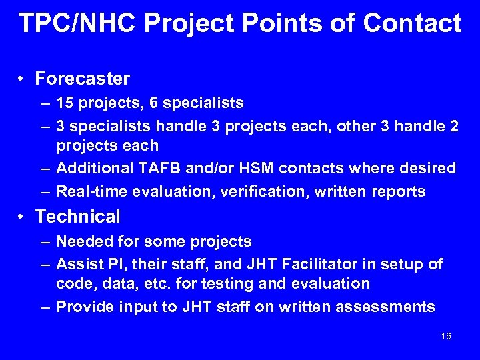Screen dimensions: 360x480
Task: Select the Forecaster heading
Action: point(82,79)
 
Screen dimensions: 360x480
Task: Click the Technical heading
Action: point(77,217)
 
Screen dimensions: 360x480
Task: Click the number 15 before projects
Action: point(65,103)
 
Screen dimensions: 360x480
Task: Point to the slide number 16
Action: point(446,336)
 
